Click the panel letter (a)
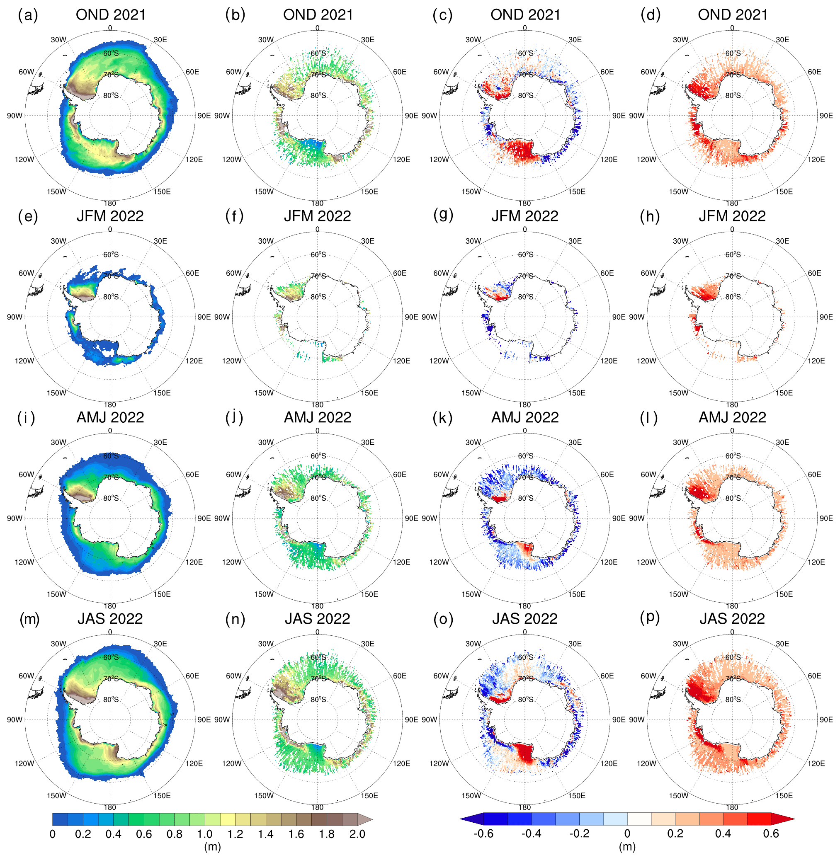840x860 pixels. point(28,15)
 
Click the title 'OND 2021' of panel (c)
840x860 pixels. point(525,15)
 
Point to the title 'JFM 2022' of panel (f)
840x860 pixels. point(317,216)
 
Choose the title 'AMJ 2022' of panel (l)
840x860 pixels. point(732,417)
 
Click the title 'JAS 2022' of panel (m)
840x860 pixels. point(110,619)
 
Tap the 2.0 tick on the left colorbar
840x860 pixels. point(357,834)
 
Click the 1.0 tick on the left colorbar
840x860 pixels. point(205,834)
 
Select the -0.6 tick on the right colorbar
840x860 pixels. point(483,833)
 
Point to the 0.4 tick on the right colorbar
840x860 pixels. point(723,833)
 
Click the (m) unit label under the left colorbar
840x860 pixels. point(212,847)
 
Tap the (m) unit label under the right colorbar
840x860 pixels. point(627,847)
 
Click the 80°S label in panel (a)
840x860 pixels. point(111,95)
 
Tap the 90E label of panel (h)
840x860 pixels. point(826,317)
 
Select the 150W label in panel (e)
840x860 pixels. point(56,393)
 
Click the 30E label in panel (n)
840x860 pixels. point(367,644)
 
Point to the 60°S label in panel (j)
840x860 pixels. point(318,456)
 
